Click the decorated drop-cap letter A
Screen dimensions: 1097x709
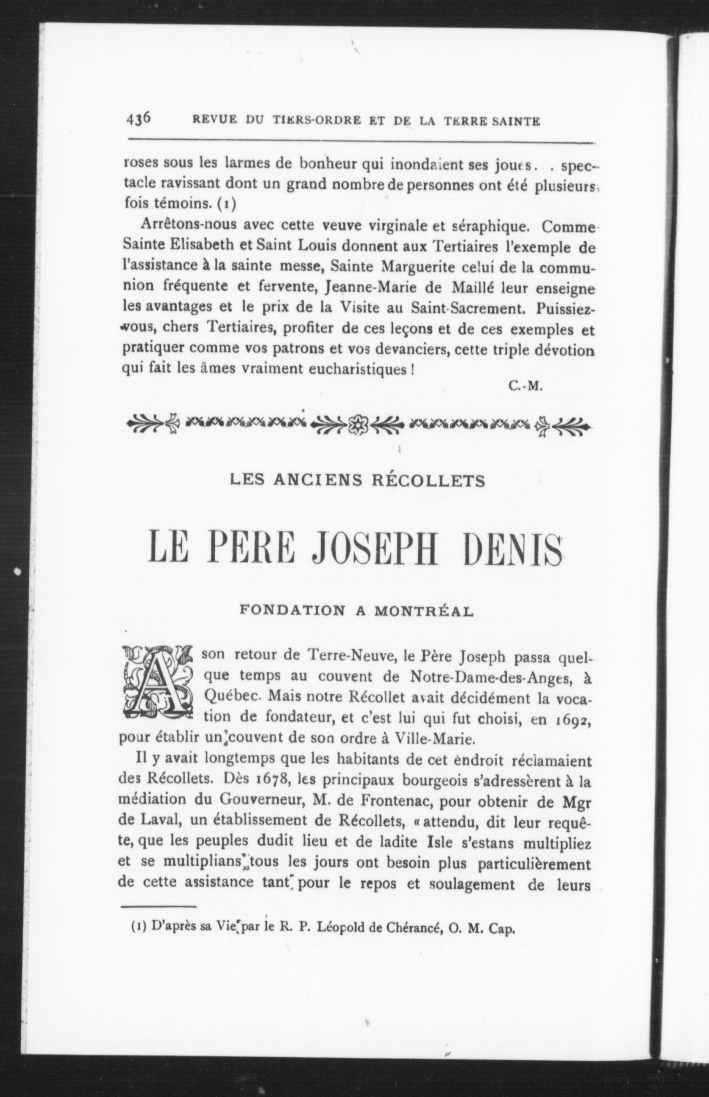pos(156,684)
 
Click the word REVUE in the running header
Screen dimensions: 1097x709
pos(210,122)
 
